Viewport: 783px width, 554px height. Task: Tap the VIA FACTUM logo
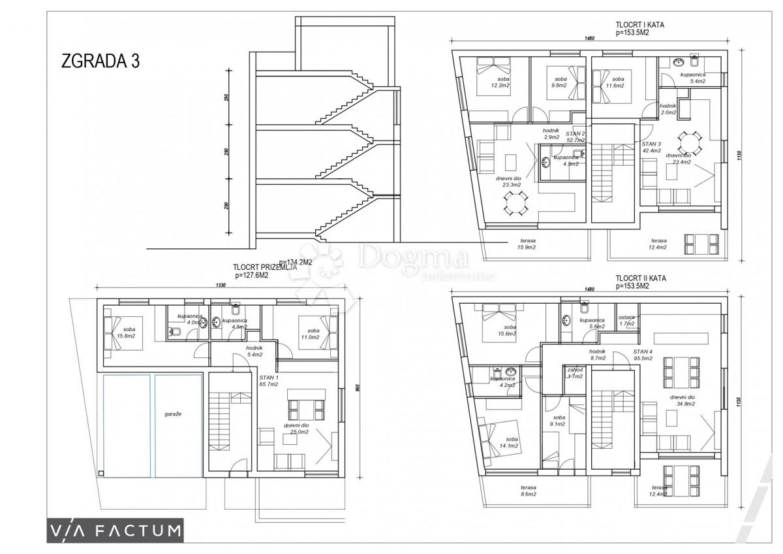[x=115, y=530]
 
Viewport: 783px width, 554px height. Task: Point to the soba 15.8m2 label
[x=127, y=333]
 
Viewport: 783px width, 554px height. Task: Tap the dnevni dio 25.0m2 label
[x=296, y=429]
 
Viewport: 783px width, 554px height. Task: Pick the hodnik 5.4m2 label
[x=254, y=351]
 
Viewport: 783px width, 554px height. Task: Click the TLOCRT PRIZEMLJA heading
[x=265, y=270]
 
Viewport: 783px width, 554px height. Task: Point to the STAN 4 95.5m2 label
[x=643, y=355]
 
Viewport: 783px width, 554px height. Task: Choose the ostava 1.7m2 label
[x=626, y=320]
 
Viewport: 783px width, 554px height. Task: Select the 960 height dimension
[x=358, y=387]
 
